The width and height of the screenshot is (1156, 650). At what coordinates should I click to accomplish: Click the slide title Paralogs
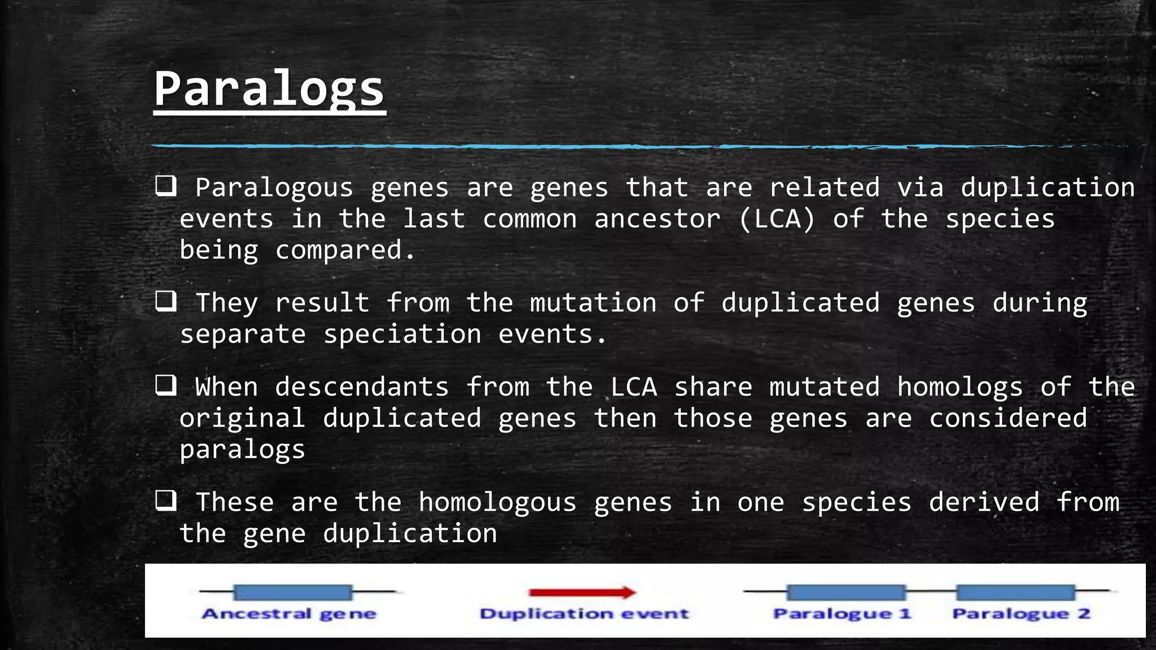[x=269, y=89]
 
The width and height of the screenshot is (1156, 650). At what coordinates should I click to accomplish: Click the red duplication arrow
[x=582, y=592]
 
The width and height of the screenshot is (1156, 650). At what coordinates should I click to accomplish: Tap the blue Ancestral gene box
[x=292, y=592]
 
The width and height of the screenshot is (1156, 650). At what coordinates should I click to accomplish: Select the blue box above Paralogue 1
[x=846, y=592]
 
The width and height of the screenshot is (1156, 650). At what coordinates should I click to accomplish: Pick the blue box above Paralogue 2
[x=1015, y=592]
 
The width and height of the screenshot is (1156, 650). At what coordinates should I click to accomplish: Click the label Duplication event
[x=584, y=614]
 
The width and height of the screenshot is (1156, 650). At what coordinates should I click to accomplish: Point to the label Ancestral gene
[x=288, y=614]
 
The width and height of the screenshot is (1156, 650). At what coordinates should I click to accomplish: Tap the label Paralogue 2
[x=1021, y=614]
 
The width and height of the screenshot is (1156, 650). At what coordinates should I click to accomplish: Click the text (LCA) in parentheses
[x=777, y=219]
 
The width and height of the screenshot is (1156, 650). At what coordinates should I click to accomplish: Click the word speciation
[x=402, y=335]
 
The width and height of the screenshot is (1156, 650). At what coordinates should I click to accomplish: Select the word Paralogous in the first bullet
[x=274, y=188]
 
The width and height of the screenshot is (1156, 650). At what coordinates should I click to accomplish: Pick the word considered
[x=1008, y=418]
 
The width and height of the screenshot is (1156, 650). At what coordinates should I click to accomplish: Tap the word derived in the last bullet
[x=984, y=502]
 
